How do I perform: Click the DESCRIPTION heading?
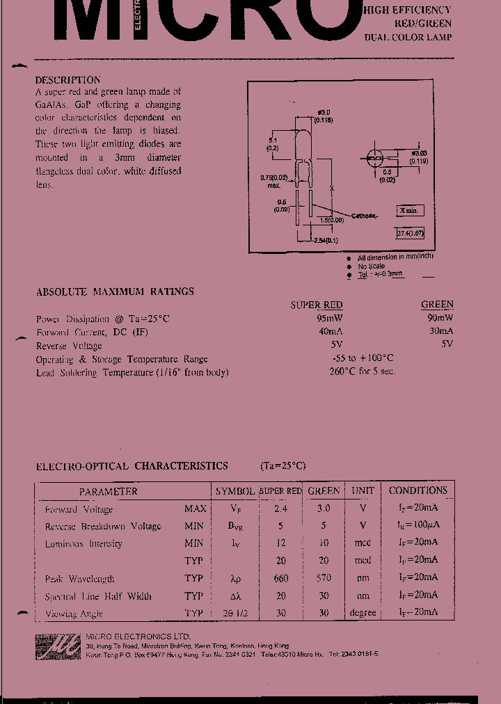67,80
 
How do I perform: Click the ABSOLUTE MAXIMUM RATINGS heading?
115,292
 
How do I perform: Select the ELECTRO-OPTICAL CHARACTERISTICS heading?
132,466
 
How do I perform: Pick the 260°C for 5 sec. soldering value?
362,371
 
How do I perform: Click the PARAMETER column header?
108,491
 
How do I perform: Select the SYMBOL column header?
234,491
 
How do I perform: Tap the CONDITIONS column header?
417,490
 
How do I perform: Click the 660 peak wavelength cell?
281,578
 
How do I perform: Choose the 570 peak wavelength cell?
324,578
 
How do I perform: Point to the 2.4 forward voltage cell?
281,509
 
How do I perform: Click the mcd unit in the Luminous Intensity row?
363,543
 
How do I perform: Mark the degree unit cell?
363,613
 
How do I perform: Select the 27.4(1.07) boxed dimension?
410,233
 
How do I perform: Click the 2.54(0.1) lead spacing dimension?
325,241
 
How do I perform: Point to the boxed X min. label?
408,210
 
